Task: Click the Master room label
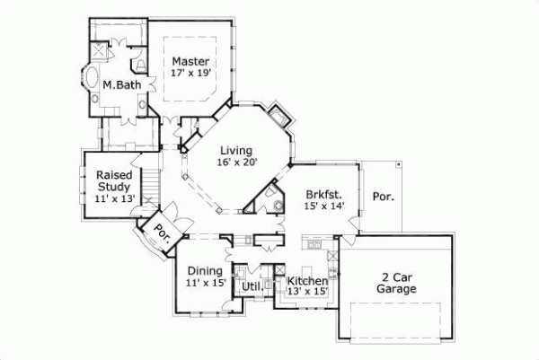click(x=191, y=61)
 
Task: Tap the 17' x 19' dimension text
click(x=191, y=74)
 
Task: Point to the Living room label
click(x=234, y=150)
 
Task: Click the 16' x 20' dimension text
click(x=236, y=162)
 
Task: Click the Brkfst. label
click(x=321, y=194)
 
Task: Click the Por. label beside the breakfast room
click(x=383, y=195)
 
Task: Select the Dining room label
click(x=205, y=270)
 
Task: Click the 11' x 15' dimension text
click(x=205, y=283)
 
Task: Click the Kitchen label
click(x=305, y=280)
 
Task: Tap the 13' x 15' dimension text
click(x=305, y=292)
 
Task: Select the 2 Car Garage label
click(x=395, y=284)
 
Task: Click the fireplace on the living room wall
click(x=280, y=118)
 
